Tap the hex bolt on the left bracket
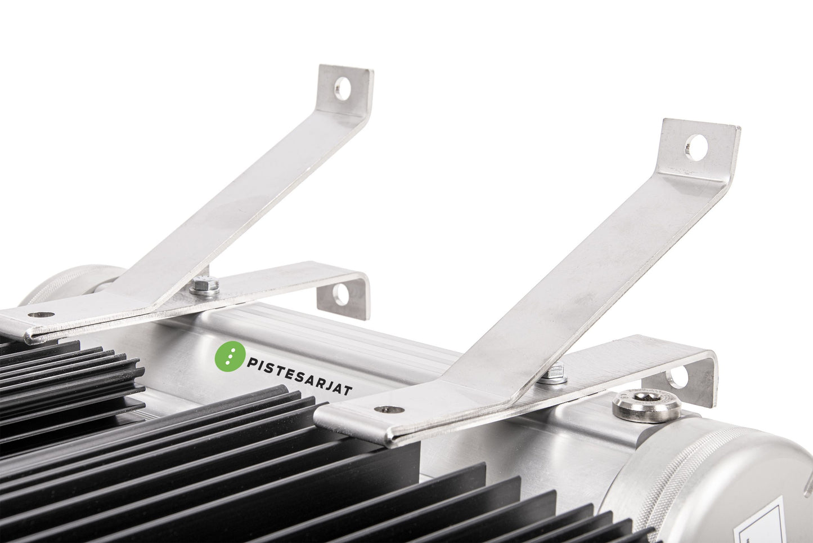coord(204,286)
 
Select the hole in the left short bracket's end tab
coord(340,295)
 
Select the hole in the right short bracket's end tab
coord(677,376)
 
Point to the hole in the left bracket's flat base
coord(41,314)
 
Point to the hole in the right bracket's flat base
coord(389,410)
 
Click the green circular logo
coord(230,356)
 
